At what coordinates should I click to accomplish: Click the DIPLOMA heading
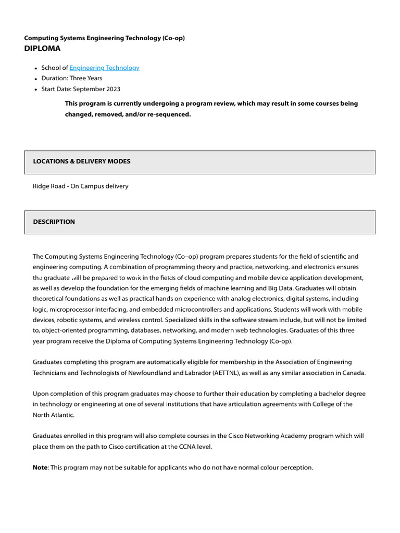click(42, 48)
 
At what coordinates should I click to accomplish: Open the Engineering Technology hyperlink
click(104, 68)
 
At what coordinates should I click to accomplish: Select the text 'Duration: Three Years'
click(72, 78)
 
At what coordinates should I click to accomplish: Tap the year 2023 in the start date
click(113, 89)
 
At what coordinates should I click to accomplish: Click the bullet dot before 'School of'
click(35, 68)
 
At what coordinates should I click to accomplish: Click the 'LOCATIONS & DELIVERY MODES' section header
click(82, 161)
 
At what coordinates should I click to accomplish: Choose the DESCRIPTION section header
click(54, 222)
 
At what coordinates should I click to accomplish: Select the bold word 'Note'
click(40, 467)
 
